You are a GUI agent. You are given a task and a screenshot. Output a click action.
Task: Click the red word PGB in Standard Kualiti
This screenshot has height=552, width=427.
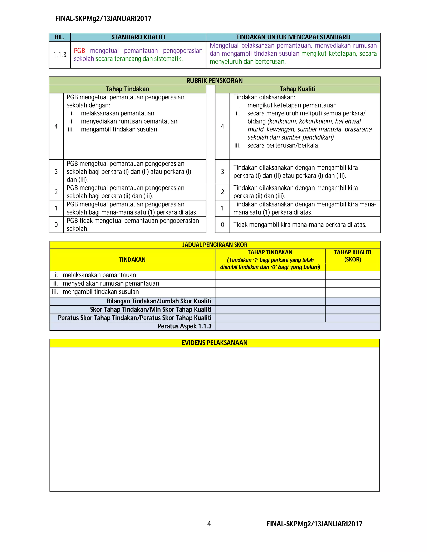coord(79,51)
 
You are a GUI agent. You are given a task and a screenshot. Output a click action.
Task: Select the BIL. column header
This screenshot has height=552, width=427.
coord(59,37)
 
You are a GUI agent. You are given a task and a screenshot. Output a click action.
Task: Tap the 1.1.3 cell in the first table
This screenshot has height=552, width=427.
coord(60,55)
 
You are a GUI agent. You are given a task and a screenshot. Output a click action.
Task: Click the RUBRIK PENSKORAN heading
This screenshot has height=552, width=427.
coord(214,81)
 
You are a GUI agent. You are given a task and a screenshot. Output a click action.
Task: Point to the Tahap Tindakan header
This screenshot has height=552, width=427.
coord(127,89)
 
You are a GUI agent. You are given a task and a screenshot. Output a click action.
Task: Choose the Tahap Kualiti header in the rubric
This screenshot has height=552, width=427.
coord(298,89)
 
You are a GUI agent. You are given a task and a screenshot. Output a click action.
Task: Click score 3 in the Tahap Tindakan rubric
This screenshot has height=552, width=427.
coord(56,172)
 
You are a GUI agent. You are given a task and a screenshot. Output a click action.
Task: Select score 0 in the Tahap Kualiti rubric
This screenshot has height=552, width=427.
coord(222,225)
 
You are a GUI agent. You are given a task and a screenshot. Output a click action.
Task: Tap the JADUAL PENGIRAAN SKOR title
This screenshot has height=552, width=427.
coord(215,245)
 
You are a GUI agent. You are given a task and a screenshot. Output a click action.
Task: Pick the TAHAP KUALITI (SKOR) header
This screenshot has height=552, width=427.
coord(352,256)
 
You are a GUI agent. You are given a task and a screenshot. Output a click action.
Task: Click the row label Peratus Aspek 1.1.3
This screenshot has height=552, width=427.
coord(184,326)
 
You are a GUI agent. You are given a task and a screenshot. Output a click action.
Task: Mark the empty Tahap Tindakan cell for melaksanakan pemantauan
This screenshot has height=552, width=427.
coord(270,275)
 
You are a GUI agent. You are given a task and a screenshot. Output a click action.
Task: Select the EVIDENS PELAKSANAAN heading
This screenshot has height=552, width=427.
coord(215,343)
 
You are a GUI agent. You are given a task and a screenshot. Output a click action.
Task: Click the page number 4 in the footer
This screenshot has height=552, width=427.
coord(209,523)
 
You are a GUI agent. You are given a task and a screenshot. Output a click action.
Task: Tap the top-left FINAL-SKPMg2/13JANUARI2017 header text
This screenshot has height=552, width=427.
coord(103,19)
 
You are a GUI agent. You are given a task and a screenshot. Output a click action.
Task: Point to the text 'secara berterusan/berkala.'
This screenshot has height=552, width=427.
coord(283,145)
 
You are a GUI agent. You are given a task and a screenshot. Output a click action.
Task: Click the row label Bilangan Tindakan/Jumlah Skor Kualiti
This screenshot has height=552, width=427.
coord(159,301)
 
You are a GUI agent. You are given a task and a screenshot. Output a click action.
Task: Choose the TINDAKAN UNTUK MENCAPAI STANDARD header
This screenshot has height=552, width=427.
coord(293,37)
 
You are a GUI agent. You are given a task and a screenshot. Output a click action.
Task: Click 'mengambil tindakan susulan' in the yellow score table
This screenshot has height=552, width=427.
coord(101,292)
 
